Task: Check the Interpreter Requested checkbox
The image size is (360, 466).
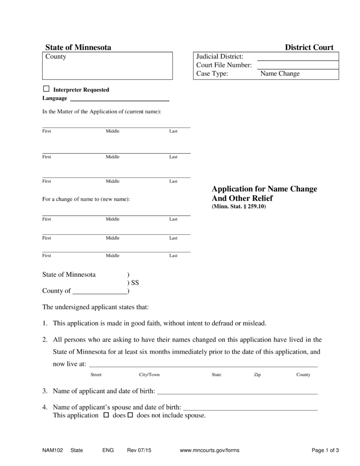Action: [46, 89]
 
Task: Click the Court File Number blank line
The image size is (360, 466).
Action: [298, 65]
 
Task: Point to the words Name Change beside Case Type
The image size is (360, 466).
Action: [280, 74]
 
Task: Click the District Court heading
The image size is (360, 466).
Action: [309, 47]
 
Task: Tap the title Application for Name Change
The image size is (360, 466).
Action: [264, 189]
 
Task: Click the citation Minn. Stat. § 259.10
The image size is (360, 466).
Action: [238, 207]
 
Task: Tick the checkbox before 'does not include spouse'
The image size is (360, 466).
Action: [130, 415]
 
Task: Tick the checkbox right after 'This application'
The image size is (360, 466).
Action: [106, 415]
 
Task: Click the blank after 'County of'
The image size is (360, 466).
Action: [100, 291]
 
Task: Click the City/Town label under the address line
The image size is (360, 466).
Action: [149, 375]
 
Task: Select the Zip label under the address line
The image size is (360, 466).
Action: [257, 375]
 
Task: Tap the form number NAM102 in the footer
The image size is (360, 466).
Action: [51, 451]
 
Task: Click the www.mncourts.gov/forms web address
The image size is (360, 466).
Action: [209, 451]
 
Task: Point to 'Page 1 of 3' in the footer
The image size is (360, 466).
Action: [325, 451]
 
